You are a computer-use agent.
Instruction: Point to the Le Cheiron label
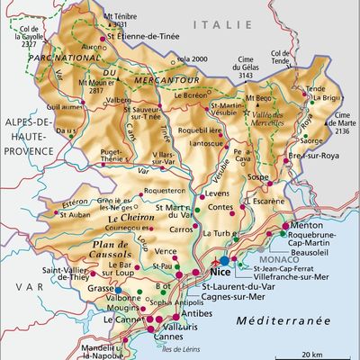click(130, 218)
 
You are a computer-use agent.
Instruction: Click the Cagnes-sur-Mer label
click(222, 297)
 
